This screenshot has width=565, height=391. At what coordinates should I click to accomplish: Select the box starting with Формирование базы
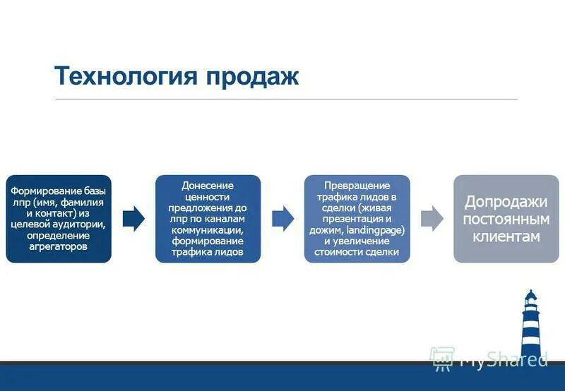tap(59, 219)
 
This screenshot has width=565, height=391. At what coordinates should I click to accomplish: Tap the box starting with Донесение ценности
tap(208, 219)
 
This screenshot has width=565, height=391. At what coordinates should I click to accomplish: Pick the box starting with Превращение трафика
tap(357, 219)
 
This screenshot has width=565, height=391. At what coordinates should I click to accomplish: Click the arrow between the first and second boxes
tap(133, 219)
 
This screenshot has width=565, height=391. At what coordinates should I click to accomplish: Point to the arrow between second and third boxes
tap(282, 219)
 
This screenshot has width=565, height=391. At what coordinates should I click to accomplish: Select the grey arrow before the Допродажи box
tap(432, 219)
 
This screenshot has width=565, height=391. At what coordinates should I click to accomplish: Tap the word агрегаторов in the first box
tap(59, 247)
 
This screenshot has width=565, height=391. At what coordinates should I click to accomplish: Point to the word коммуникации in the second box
tap(208, 229)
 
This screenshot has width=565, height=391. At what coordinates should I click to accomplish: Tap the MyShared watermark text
tap(503, 359)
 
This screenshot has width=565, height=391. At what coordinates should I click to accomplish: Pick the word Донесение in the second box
tap(208, 185)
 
